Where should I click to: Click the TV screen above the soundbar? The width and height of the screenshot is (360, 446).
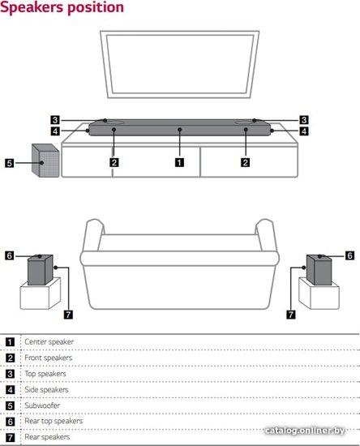[x=179, y=64]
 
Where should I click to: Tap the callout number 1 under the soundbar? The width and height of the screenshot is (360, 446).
[x=179, y=162]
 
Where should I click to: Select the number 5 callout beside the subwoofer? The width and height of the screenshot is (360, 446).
[x=10, y=163]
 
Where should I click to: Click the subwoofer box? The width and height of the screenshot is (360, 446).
[x=45, y=161]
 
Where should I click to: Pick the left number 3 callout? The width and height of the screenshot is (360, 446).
[x=55, y=120]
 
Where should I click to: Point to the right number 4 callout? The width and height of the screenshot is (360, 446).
[x=304, y=131]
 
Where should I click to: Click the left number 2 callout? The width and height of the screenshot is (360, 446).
[x=114, y=162]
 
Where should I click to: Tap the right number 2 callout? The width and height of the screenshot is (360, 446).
[x=245, y=162]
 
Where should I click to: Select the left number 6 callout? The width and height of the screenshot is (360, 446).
[x=10, y=255]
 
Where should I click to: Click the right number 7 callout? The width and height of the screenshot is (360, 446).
[x=290, y=315]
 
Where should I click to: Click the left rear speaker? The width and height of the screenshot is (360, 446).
[x=40, y=270]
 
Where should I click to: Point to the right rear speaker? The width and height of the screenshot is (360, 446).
[x=319, y=270]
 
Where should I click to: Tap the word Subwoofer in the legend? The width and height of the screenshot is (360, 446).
[x=42, y=405]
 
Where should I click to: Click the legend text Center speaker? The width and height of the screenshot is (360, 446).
[x=49, y=341]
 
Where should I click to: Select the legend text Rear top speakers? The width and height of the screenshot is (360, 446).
[x=54, y=421]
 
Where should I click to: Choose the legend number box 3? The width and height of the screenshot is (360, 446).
[x=10, y=374]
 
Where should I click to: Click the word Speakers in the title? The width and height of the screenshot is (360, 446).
[x=32, y=7]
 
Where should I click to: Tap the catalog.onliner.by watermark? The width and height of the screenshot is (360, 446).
[x=305, y=431]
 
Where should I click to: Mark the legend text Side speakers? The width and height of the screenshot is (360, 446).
[x=46, y=389]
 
